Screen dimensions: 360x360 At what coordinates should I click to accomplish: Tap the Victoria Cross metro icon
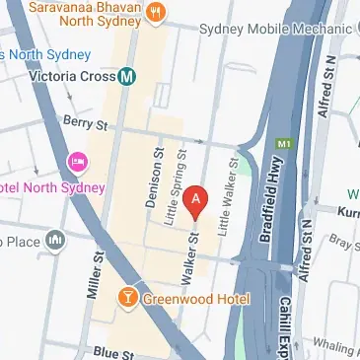coord(126,75)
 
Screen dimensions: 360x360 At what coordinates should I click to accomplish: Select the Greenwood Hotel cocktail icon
coord(127,297)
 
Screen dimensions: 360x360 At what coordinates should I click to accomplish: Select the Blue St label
coord(112,351)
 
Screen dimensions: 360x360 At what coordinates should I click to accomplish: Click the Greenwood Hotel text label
coord(194,299)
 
